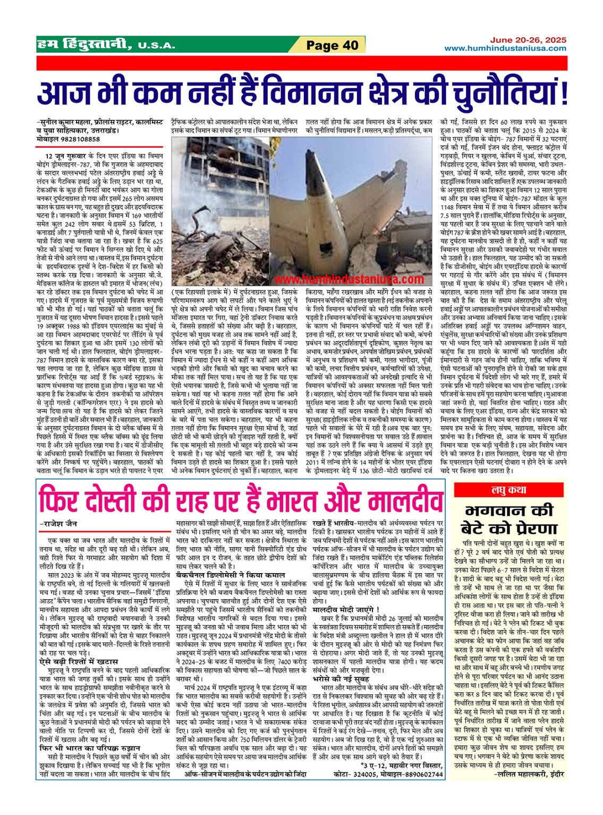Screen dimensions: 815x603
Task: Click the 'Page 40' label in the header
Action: pos(333,45)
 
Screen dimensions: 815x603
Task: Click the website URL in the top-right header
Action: pos(505,48)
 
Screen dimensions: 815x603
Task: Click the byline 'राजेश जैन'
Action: pos(62,524)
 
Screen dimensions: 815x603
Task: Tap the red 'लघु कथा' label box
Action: pos(509,490)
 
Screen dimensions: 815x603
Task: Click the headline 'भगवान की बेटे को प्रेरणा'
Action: pos(509,519)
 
